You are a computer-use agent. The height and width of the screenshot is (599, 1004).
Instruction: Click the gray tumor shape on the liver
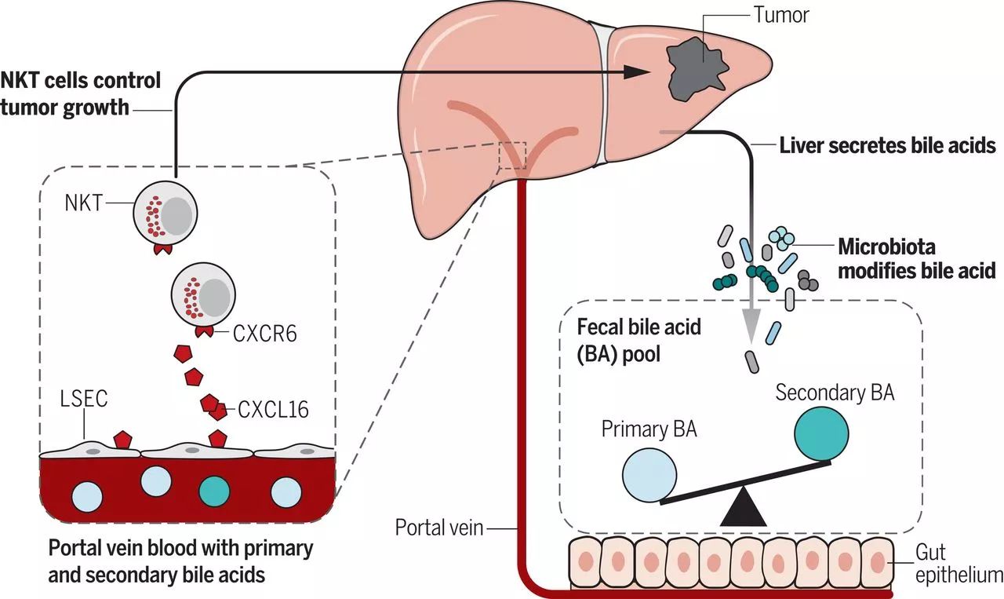(696, 70)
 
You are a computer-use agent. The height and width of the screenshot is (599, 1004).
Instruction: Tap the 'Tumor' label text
(781, 15)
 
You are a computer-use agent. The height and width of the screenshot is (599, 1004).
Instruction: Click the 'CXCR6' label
(265, 334)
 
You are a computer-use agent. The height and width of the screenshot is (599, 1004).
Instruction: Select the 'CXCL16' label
(274, 409)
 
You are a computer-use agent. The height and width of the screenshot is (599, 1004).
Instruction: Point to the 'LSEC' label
(84, 399)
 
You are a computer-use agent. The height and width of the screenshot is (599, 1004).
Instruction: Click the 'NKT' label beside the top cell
(84, 203)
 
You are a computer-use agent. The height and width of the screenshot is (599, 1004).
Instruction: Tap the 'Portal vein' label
(439, 528)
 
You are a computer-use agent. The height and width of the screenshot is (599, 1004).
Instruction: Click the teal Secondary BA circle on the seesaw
(821, 433)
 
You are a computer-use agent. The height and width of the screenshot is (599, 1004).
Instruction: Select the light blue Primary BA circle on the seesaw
(649, 475)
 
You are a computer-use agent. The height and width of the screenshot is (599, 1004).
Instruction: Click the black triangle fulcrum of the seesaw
(743, 506)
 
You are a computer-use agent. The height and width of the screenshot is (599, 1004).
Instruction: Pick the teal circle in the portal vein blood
(214, 491)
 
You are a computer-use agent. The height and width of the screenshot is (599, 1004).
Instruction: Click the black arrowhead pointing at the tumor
(636, 72)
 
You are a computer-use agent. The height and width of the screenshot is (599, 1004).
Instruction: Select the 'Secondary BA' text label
(835, 393)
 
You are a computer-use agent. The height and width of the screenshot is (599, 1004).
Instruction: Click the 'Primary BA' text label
(649, 429)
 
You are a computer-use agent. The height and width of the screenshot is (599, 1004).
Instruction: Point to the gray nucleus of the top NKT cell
(177, 216)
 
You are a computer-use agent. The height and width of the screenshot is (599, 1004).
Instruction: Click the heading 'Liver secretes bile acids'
(887, 145)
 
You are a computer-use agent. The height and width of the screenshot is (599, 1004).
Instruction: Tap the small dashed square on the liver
(513, 155)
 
